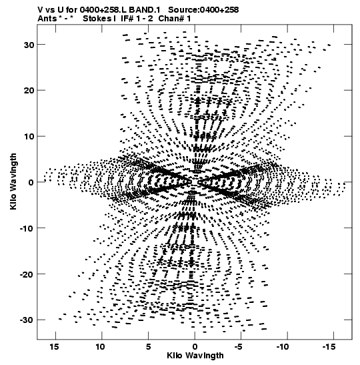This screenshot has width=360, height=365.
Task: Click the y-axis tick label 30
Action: tap(29, 45)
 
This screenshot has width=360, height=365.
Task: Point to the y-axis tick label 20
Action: tap(29, 91)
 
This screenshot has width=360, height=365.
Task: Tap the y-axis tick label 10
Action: tap(29, 136)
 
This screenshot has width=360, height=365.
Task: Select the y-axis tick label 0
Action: tap(31, 182)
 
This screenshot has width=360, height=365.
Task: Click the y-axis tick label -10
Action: tap(27, 228)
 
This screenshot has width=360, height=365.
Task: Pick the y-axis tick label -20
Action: tap(27, 274)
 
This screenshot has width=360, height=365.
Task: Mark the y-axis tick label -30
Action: tap(27, 320)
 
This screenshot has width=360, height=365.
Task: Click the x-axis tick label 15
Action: tap(54, 347)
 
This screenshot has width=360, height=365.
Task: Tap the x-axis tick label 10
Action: tap(100, 347)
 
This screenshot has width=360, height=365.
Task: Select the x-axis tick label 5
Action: tap(149, 347)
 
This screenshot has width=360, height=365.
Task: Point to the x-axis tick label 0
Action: tap(195, 347)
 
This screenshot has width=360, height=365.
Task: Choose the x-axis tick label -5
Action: tap(239, 347)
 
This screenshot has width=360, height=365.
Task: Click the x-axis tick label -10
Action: tap(283, 347)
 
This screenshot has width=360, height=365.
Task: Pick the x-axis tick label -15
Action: tap(329, 347)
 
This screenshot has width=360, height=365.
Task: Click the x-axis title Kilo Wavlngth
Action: tap(195, 356)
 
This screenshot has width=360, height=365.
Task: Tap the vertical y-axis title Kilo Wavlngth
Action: tap(13, 181)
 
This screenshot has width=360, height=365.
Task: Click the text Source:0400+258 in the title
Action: tap(203, 10)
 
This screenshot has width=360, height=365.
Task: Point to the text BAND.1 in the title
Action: tap(145, 10)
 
